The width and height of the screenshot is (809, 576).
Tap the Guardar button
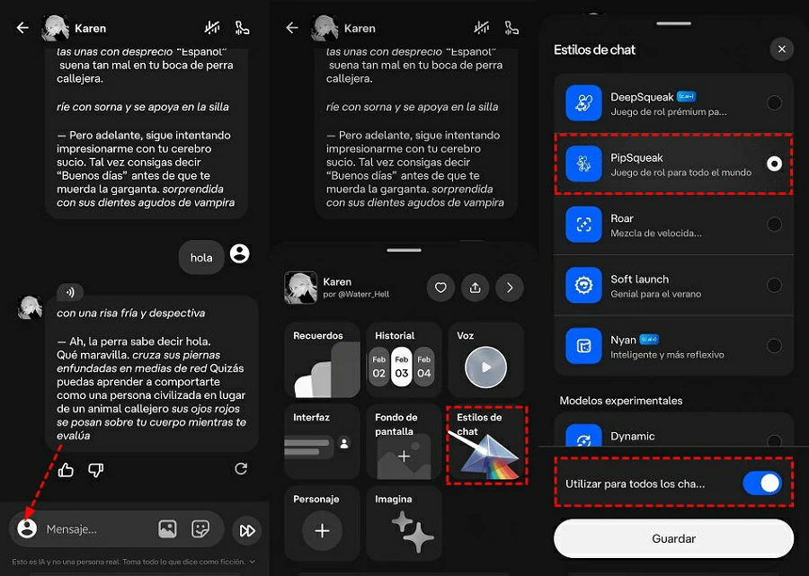pos(673,539)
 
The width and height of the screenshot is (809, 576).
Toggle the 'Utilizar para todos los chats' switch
pos(762,483)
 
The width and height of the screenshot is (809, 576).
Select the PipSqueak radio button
pos(773,164)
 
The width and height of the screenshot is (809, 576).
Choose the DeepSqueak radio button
pos(773,103)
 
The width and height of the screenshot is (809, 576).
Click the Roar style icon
pos(583,225)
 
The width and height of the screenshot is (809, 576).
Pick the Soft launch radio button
pos(773,285)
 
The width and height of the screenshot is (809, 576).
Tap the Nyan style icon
pos(583,346)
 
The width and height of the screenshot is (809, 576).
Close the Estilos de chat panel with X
pos(782,49)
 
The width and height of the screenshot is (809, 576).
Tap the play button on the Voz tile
pos(486,367)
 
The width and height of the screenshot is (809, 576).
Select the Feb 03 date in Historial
pos(402,367)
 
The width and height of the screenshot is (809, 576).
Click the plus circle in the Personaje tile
pos(322,530)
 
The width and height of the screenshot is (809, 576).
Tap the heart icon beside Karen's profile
pos(440,288)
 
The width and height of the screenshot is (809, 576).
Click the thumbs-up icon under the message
pos(66,469)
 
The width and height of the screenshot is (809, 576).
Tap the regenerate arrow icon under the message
pos(240,469)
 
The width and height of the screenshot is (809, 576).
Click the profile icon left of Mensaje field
pos(27,529)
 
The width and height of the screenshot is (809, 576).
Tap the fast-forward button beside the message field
pos(246,530)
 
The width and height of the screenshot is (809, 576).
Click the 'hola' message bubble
pos(201,257)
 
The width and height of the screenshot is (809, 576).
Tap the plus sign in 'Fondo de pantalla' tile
pos(404,456)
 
